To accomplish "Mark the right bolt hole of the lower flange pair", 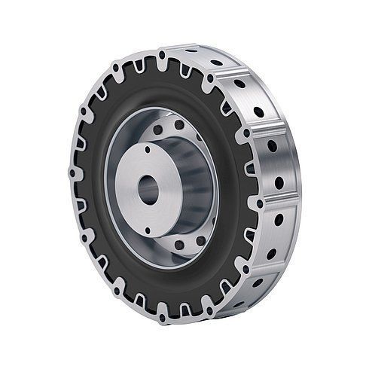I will pyautogui.click(x=200, y=242).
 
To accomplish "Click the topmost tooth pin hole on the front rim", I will pyautogui.click(x=163, y=54).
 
